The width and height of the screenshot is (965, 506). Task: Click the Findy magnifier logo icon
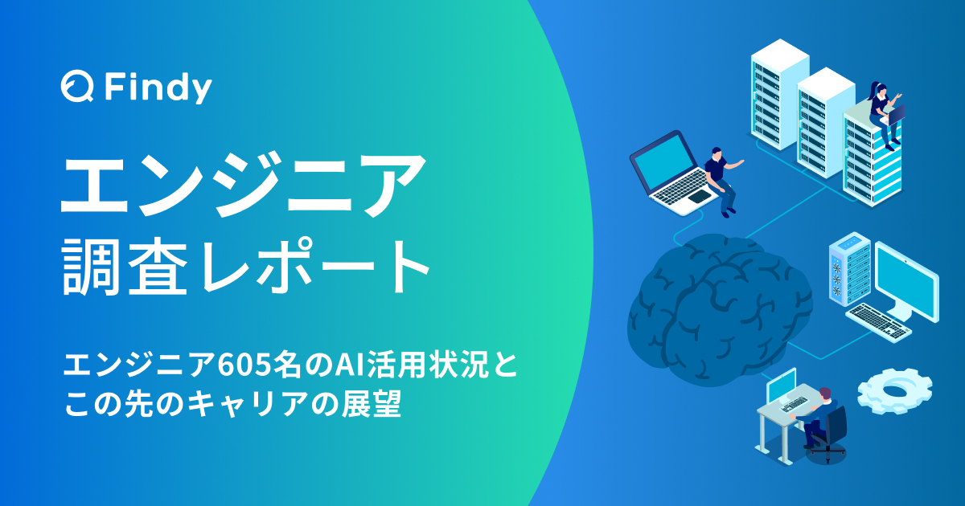[x=77, y=88]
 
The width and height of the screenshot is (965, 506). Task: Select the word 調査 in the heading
[x=121, y=267]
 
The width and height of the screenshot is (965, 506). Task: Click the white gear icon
[x=893, y=392]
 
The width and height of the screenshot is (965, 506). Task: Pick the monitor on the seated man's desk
[x=782, y=387]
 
